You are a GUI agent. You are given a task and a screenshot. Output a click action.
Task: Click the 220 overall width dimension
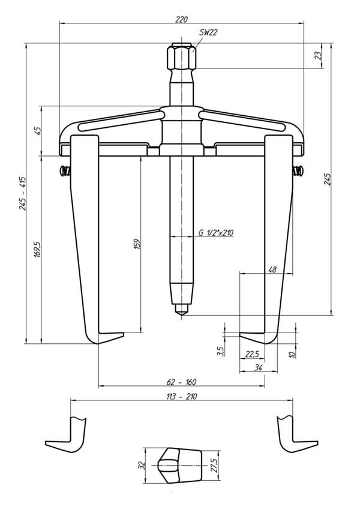[181, 19]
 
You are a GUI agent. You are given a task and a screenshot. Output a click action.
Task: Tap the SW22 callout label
[208, 32]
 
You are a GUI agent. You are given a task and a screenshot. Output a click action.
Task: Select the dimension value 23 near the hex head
[319, 55]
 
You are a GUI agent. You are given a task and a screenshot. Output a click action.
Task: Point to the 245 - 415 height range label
[23, 193]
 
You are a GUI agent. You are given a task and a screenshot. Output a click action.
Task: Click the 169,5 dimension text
[38, 249]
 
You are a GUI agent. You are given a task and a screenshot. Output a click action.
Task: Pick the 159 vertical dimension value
[137, 244]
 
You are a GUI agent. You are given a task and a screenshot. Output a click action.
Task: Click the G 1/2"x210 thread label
[216, 233]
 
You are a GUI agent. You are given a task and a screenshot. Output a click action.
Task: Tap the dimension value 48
[272, 270]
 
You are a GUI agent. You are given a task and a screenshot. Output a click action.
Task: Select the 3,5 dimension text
[221, 351]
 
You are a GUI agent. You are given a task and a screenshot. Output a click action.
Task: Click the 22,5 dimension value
[252, 354]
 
